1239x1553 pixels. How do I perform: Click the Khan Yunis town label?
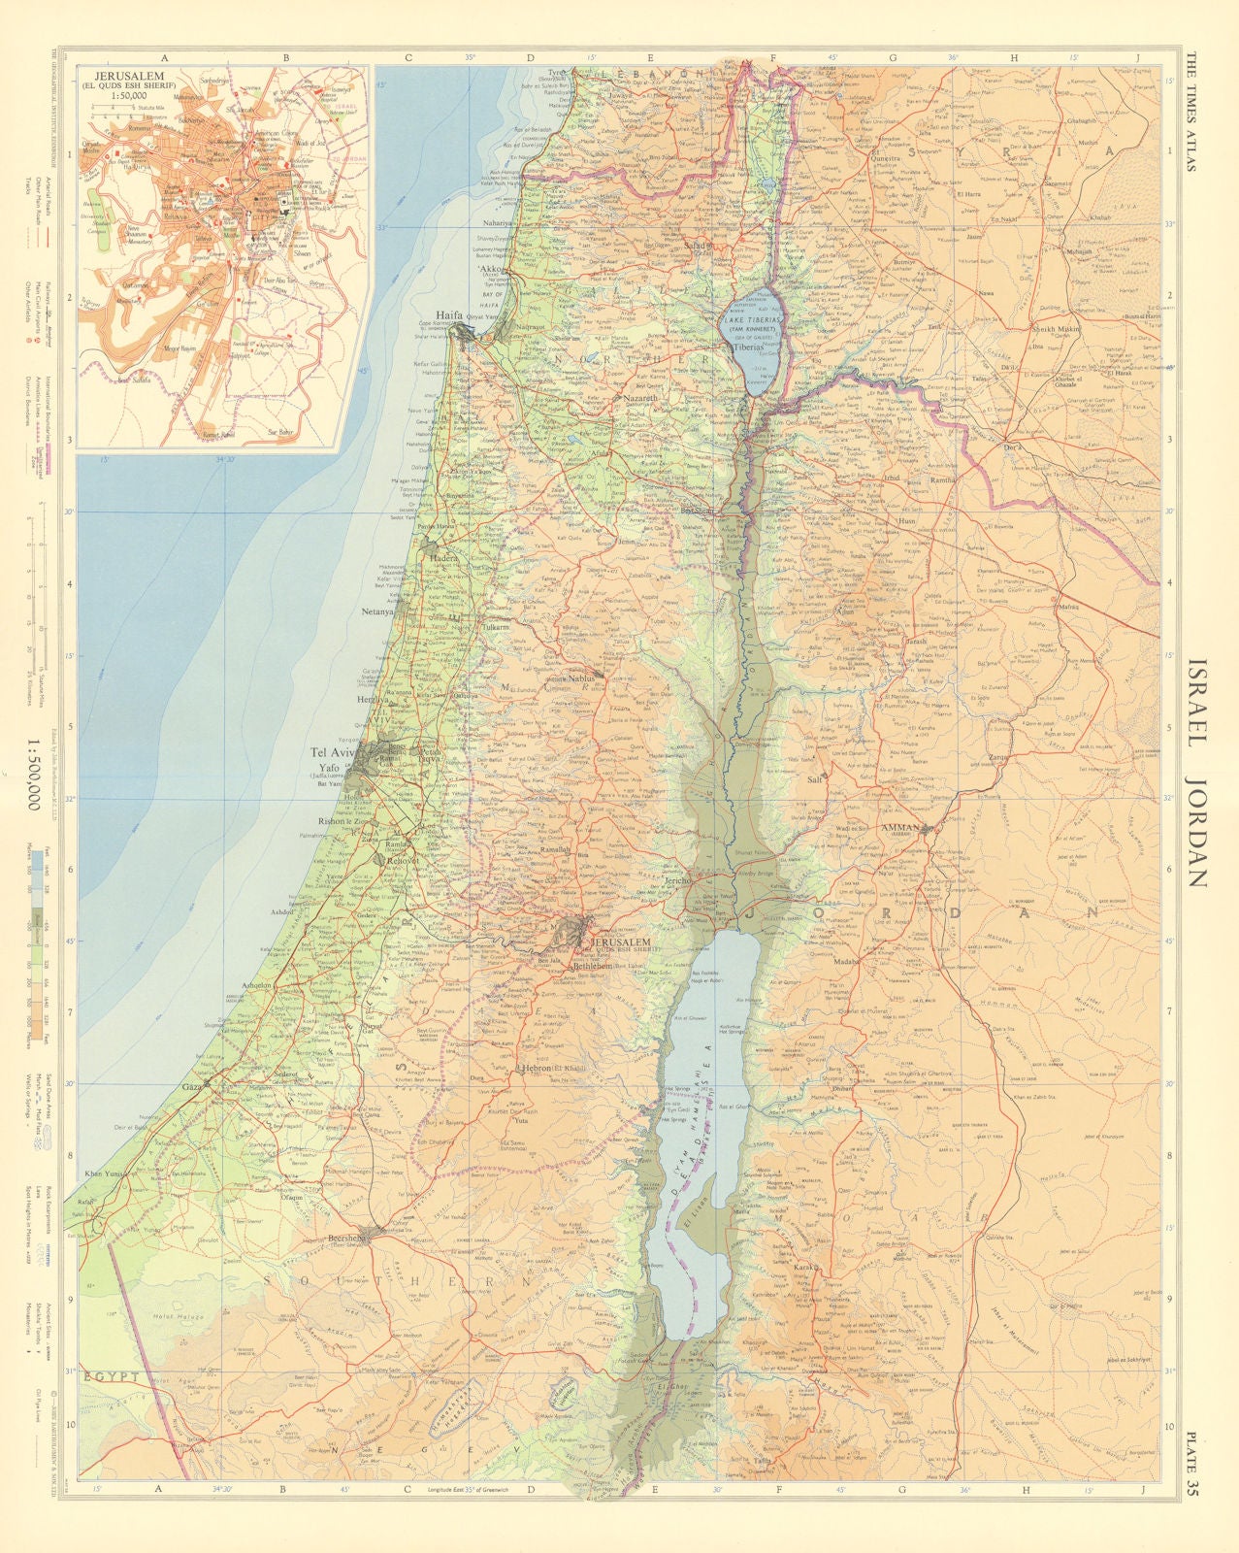point(107,1174)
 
